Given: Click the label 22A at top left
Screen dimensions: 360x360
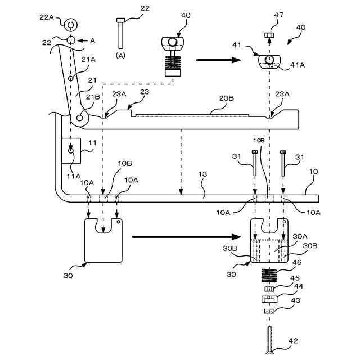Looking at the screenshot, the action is pyautogui.click(x=47, y=17).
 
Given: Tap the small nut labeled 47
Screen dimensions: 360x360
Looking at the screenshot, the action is pyautogui.click(x=270, y=35).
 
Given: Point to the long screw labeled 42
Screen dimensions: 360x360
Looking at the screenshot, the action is pyautogui.click(x=270, y=340).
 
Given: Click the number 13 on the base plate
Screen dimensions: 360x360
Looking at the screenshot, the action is pyautogui.click(x=202, y=174).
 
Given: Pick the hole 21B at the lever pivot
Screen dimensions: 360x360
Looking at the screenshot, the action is pyautogui.click(x=79, y=118).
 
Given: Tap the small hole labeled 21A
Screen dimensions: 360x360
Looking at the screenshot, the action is pyautogui.click(x=70, y=79).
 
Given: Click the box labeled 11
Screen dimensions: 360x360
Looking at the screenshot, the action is pyautogui.click(x=71, y=151).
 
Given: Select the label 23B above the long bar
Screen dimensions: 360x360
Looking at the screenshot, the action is pyautogui.click(x=226, y=98).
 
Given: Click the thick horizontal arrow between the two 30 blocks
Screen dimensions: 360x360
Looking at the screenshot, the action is pyautogui.click(x=186, y=237).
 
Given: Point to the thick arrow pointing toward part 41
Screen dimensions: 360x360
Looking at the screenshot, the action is pyautogui.click(x=219, y=60).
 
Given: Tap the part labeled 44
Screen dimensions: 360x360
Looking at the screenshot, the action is pyautogui.click(x=269, y=299).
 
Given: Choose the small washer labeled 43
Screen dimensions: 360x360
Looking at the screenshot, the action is pyautogui.click(x=269, y=311).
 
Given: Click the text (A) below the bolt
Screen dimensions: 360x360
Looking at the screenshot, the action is pyautogui.click(x=120, y=55).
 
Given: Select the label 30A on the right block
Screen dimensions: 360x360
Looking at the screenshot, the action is pyautogui.click(x=300, y=236).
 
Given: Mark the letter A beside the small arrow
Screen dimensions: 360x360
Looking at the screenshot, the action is pyautogui.click(x=92, y=40).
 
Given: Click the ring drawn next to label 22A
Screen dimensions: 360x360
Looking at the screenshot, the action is pyautogui.click(x=70, y=25).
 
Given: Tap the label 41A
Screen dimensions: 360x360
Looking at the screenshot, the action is pyautogui.click(x=298, y=65).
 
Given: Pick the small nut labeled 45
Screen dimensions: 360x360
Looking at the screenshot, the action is pyautogui.click(x=269, y=289).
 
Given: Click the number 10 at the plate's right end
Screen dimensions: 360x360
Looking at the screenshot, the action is pyautogui.click(x=314, y=172).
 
